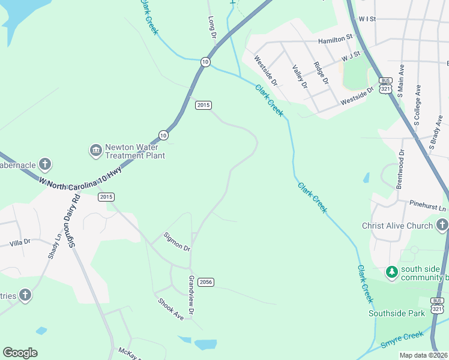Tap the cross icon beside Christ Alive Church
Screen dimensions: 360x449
[442, 226]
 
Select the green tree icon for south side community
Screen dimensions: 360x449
[392, 272]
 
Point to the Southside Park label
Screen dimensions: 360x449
[397, 313]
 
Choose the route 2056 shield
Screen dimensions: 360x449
[205, 282]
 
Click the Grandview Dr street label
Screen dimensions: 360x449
[191, 296]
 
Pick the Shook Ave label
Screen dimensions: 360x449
[170, 308]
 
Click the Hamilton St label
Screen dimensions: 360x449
[335, 39]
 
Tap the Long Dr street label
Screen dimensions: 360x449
[212, 28]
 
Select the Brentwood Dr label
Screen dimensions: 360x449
[400, 169]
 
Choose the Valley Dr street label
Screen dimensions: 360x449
[300, 77]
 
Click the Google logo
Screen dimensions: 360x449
[20, 353]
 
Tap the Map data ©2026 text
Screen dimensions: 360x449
[423, 355]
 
